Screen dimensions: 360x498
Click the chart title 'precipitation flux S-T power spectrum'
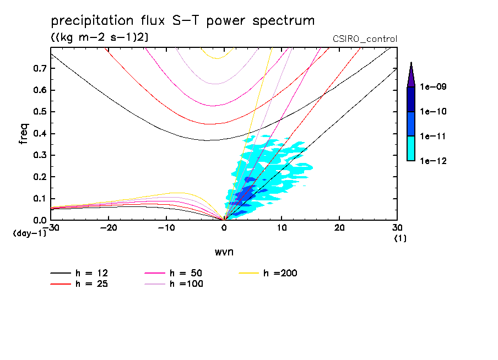point(182,21)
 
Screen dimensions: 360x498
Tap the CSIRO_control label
point(365,39)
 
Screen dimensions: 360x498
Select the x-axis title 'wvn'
point(223,252)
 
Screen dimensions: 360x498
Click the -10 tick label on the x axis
point(166,227)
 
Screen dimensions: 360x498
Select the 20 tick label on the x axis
point(339,227)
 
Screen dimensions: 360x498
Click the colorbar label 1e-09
point(434,87)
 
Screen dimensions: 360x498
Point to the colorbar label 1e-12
point(434,161)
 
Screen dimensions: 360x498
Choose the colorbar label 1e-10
point(434,112)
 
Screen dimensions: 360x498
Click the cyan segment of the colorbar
point(411,148)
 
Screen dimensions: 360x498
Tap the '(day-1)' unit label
point(30,233)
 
